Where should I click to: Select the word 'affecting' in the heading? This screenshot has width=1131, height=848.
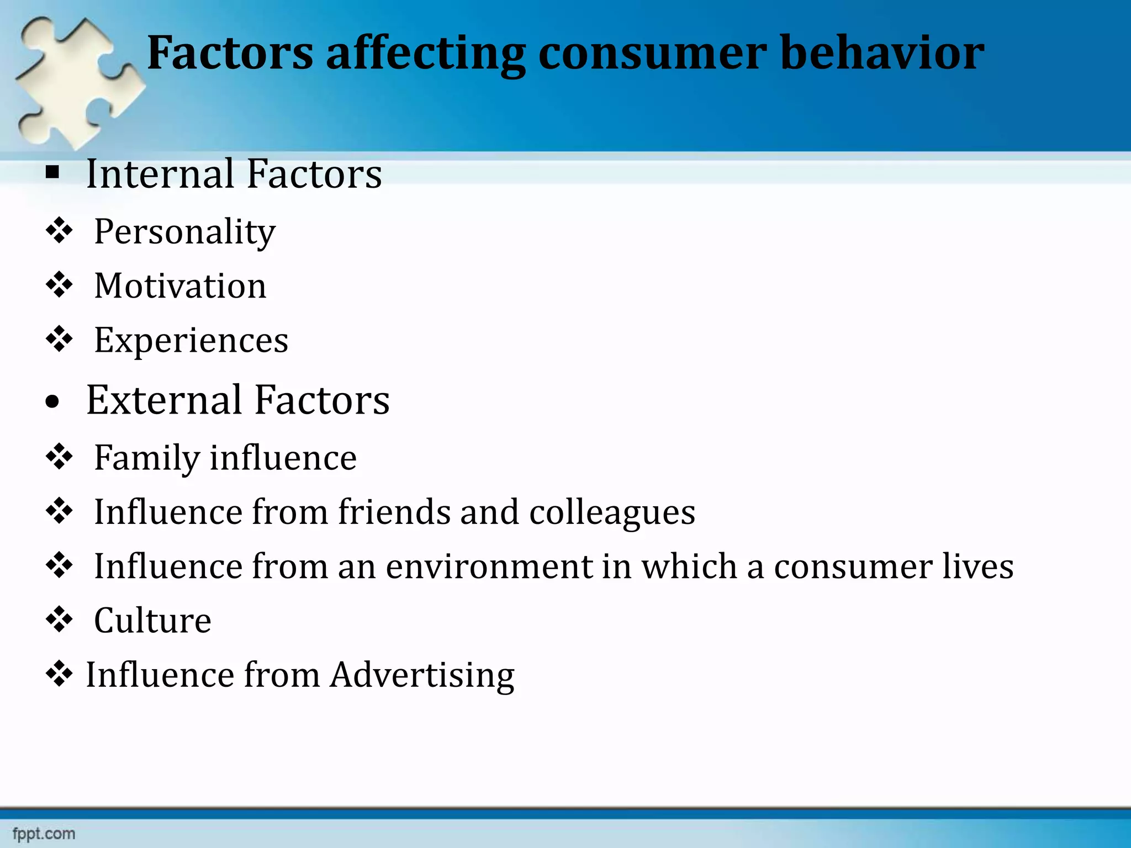coord(425,54)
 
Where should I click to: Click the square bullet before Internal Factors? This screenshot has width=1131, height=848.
coord(52,173)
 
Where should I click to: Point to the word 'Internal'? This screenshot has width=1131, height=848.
coord(160,174)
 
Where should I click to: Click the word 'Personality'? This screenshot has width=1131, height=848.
coord(184,232)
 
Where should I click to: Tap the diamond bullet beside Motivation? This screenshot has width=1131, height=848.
coord(59,285)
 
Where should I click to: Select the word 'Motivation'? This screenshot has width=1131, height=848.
coord(180,286)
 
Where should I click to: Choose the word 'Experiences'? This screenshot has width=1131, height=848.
coord(191,341)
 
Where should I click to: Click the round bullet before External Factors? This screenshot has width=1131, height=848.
coord(52,402)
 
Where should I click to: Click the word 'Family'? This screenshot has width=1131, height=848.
coord(146,458)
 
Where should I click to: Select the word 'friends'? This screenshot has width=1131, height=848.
coord(394,512)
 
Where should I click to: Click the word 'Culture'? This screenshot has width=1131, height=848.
coord(152,621)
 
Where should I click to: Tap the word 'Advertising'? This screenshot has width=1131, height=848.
coord(422,675)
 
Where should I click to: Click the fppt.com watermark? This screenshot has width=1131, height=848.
coord(44,834)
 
